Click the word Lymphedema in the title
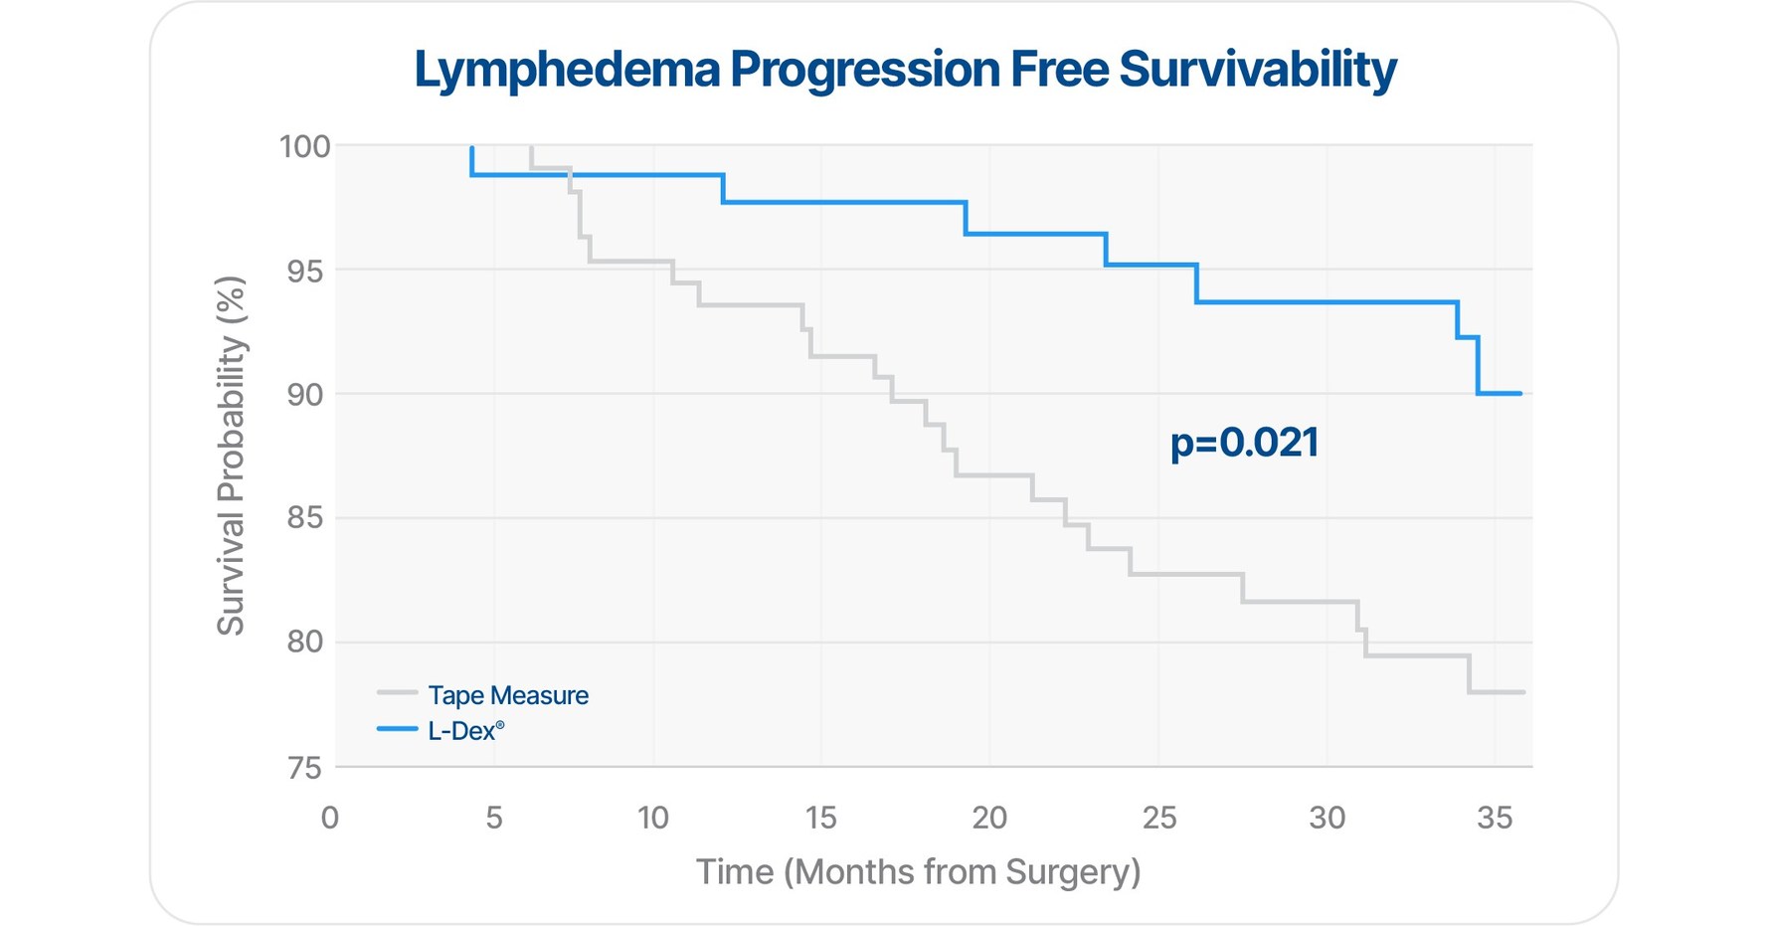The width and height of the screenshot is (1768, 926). [566, 71]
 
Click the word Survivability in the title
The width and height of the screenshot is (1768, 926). [1256, 71]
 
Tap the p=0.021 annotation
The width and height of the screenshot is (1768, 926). [1244, 443]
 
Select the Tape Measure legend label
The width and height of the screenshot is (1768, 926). [507, 695]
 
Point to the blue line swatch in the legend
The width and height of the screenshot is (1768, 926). [397, 729]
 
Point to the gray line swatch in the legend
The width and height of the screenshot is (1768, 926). [397, 693]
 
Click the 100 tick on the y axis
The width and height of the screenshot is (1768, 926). [304, 147]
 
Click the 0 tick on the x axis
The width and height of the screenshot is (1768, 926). [330, 819]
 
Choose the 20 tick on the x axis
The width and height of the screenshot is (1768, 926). [989, 819]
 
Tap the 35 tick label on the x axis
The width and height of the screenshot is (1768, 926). [1495, 819]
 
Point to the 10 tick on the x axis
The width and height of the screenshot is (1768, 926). [653, 819]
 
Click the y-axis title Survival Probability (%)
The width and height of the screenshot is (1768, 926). [231, 456]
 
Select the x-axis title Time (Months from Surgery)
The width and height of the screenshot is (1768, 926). [918, 872]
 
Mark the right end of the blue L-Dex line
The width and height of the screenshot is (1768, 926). [1520, 394]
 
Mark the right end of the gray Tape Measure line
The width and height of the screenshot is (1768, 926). [1523, 692]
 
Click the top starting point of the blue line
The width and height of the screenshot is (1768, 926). [471, 149]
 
